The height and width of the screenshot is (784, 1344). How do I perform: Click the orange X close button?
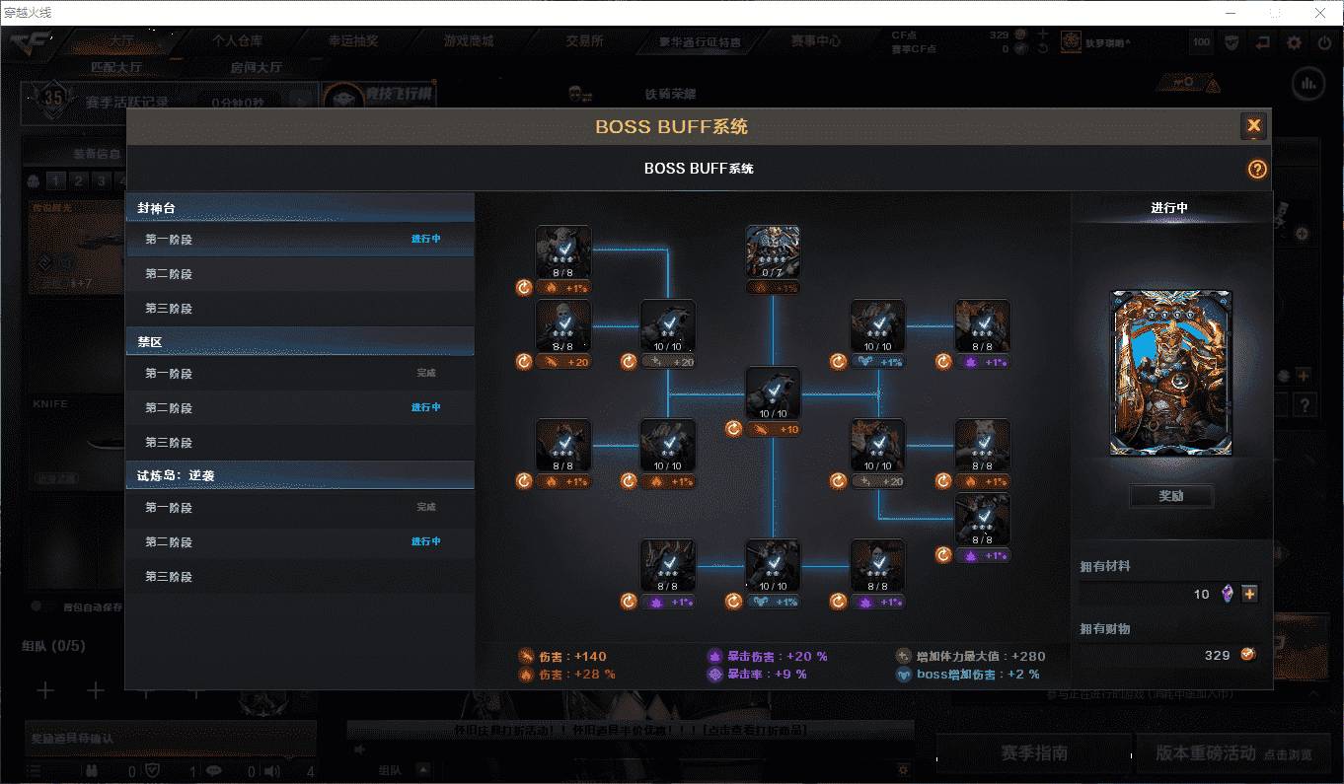coord(1253,125)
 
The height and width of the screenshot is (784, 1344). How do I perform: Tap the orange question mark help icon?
coord(1256,169)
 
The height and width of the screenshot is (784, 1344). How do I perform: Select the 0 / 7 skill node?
coord(773,251)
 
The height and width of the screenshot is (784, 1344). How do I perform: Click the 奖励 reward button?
coord(1170,496)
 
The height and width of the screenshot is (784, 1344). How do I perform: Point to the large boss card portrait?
coord(1170,373)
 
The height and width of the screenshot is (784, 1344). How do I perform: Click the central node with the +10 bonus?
coord(773,393)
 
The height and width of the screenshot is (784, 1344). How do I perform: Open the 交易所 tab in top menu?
coord(584,41)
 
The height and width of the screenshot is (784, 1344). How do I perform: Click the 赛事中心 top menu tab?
coord(815,41)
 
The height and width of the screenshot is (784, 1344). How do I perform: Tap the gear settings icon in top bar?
coord(1294,42)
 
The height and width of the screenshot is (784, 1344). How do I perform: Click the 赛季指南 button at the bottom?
coord(1033,753)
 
